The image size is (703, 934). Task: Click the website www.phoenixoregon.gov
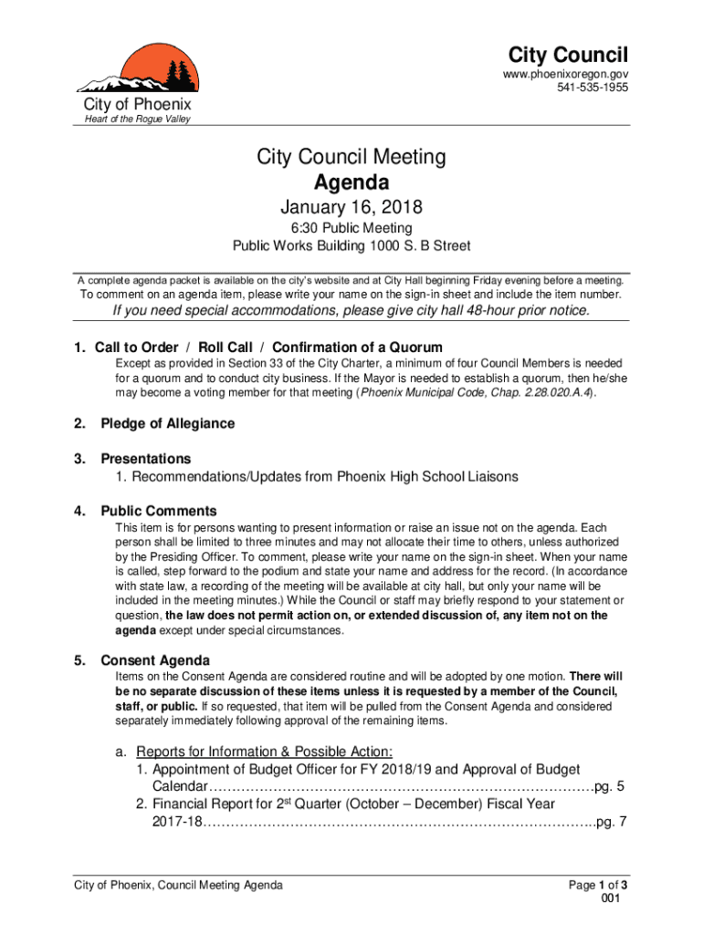point(566,73)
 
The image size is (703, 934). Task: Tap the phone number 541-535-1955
point(593,88)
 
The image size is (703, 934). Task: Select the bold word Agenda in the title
point(351,182)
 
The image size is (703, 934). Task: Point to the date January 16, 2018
point(351,208)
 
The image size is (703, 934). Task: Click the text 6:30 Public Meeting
point(351,228)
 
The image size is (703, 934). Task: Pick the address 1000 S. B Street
point(420,246)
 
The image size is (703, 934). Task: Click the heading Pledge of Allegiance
point(167,423)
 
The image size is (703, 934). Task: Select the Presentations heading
point(146,458)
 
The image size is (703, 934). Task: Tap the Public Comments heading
point(159,511)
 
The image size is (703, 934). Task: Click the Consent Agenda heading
point(155,660)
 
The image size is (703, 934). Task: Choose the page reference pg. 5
point(609,787)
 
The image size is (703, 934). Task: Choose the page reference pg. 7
point(610,822)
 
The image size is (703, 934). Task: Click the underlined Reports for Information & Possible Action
point(264,752)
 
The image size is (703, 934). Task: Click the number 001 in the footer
point(612,898)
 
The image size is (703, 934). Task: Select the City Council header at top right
point(568,54)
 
